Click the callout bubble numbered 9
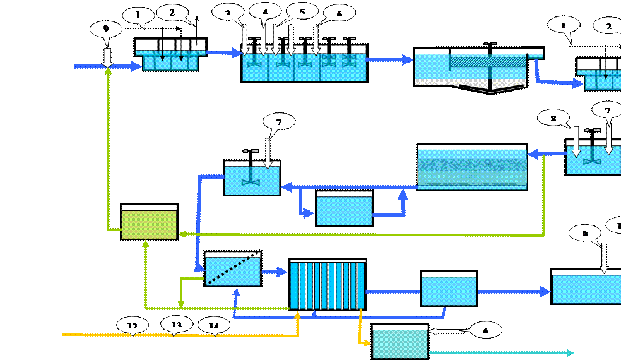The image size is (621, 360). tap(106, 30)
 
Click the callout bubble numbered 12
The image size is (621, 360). tap(133, 325)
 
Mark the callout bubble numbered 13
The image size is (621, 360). tap(177, 324)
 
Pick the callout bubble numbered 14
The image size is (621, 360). tap(215, 327)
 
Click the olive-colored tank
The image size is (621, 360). tap(149, 224)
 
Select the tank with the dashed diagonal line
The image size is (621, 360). tap(233, 270)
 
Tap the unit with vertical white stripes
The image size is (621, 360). tap(328, 285)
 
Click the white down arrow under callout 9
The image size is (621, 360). tap(107, 56)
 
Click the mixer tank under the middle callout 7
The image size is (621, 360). tap(252, 179)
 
